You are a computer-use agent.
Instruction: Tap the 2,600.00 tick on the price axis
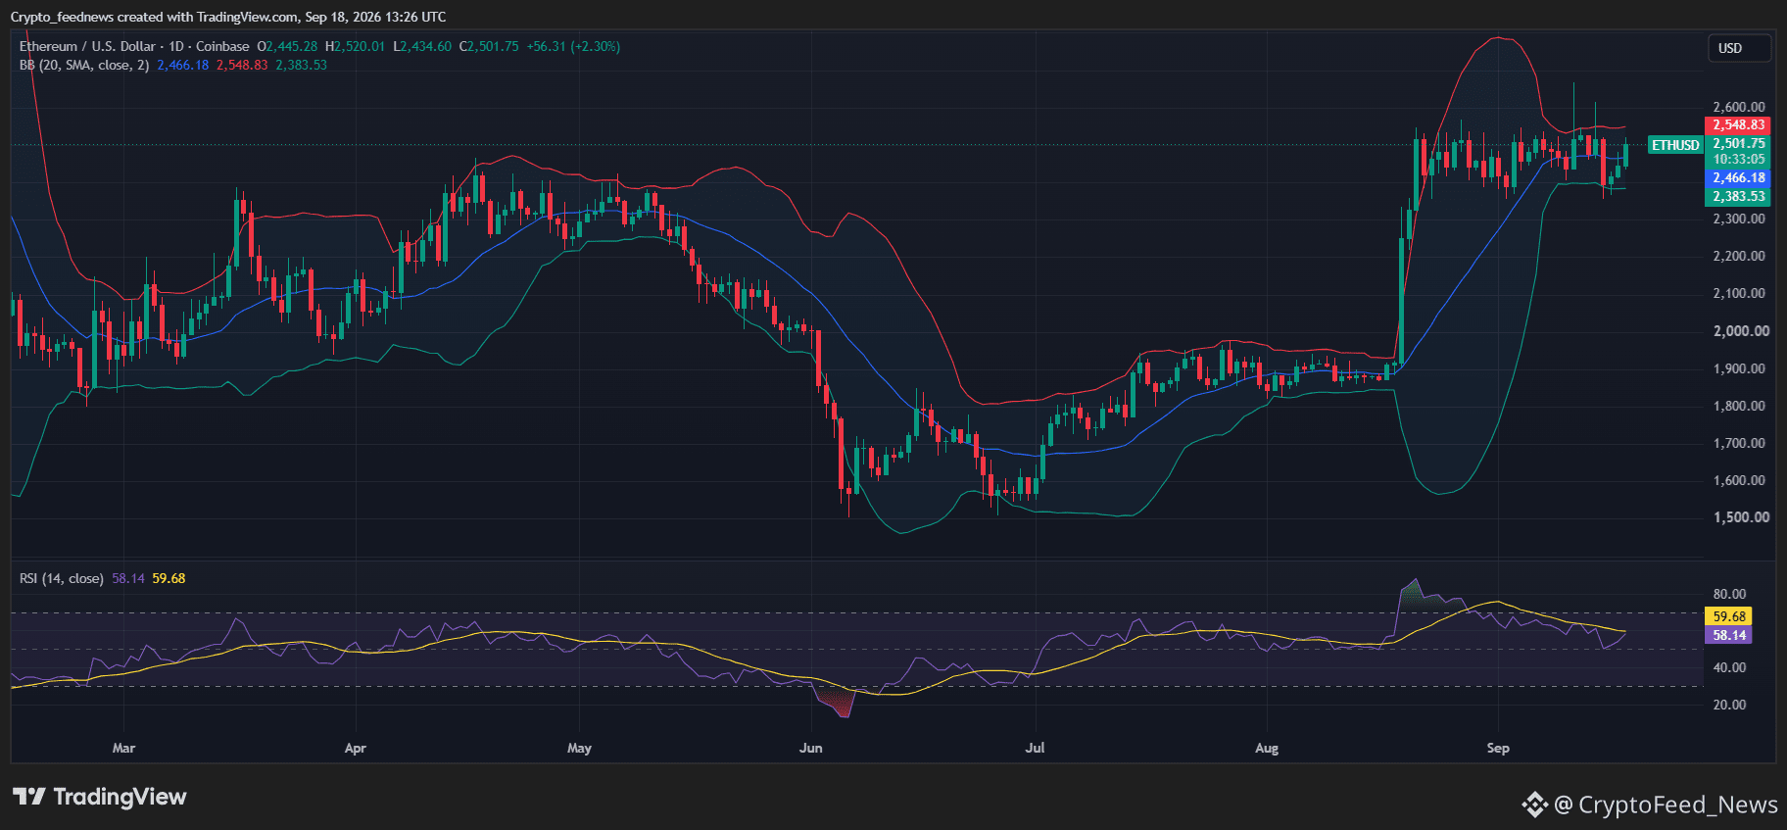[1739, 107]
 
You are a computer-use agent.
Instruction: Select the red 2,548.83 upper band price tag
[1738, 124]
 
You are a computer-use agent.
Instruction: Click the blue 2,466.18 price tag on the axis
[1738, 177]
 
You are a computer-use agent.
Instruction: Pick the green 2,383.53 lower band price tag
[1738, 196]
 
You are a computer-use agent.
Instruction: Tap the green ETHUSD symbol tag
[1675, 145]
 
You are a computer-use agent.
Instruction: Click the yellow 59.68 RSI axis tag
[1729, 616]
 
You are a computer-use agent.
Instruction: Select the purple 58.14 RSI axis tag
[1729, 635]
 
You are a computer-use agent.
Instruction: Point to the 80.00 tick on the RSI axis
[1729, 594]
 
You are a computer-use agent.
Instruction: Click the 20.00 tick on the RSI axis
[1729, 705]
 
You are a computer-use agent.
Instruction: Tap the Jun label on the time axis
[811, 748]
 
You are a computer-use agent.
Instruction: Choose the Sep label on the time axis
[1498, 748]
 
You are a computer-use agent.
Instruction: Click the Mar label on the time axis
[123, 748]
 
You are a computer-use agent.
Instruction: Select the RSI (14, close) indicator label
[61, 578]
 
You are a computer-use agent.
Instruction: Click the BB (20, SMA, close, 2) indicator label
[84, 65]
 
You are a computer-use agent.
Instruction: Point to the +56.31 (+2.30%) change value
[573, 46]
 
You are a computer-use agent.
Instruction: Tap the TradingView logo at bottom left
[100, 797]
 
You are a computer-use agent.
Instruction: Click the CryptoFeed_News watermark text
[1678, 805]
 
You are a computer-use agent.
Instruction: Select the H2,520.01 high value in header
[355, 46]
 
